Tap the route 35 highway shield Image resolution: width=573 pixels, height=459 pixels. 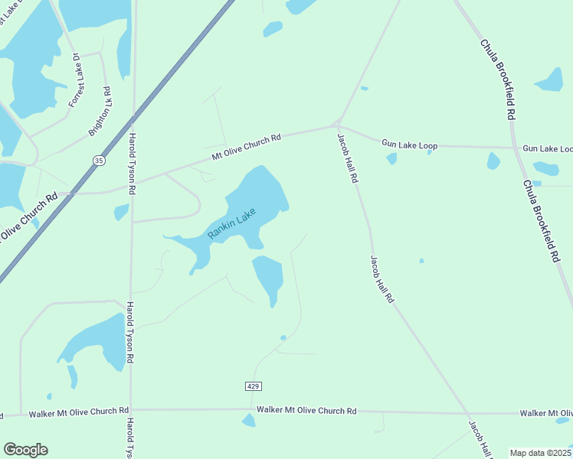click(99, 160)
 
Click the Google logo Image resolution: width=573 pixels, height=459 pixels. click(25, 450)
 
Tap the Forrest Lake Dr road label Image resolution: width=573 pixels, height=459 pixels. click(76, 80)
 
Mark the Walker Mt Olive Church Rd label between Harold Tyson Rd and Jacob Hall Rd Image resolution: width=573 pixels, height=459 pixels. click(306, 411)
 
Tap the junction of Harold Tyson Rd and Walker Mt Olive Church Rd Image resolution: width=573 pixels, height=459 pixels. click(131, 409)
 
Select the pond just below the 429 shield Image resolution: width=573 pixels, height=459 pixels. click(248, 420)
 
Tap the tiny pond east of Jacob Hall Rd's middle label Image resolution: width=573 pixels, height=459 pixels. click(421, 261)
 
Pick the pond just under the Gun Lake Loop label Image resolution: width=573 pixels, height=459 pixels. click(391, 158)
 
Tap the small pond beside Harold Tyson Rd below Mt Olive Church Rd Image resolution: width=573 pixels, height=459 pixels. click(121, 211)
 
